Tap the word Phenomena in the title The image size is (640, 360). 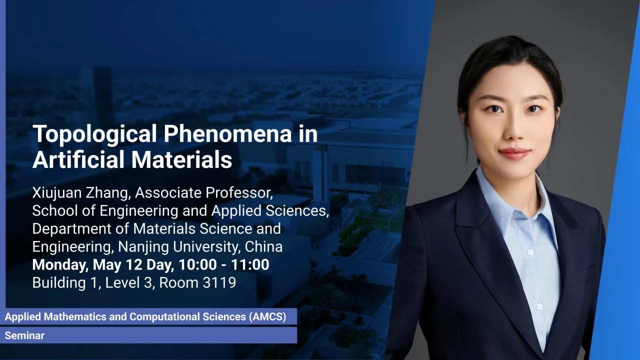[227, 133]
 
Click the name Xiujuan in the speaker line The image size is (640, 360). [57, 193]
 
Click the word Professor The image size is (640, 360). [239, 193]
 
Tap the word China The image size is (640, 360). [263, 247]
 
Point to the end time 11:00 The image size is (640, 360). [250, 265]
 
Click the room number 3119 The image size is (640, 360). [219, 283]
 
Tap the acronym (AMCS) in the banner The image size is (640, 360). [267, 317]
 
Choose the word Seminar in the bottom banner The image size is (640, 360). [24, 335]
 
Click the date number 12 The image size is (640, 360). [134, 265]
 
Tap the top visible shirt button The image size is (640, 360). [530, 252]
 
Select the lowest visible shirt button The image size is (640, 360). [539, 306]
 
